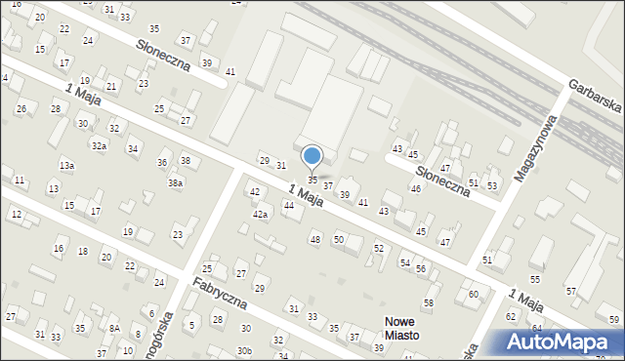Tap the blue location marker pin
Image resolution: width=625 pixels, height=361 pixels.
pyautogui.click(x=312, y=157)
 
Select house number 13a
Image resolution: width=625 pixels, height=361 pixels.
pyautogui.click(x=66, y=166)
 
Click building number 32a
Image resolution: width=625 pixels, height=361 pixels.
pyautogui.click(x=100, y=145)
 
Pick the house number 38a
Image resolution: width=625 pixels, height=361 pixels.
pyautogui.click(x=175, y=182)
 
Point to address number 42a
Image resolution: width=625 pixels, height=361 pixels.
pyautogui.click(x=260, y=214)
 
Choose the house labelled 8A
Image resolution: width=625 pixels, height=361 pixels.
pyautogui.click(x=114, y=329)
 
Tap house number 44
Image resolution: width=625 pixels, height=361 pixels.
pyautogui.click(x=288, y=206)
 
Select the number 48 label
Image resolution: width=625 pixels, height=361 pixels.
pyautogui.click(x=314, y=239)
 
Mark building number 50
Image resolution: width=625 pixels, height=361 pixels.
pyautogui.click(x=339, y=239)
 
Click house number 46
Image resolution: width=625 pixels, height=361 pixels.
pyautogui.click(x=415, y=188)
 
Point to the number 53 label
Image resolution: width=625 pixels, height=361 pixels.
pyautogui.click(x=492, y=185)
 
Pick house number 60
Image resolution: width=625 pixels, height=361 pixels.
pyautogui.click(x=474, y=294)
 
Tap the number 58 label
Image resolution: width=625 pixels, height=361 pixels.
pyautogui.click(x=428, y=303)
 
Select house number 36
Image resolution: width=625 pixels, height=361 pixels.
pyautogui.click(x=162, y=163)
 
